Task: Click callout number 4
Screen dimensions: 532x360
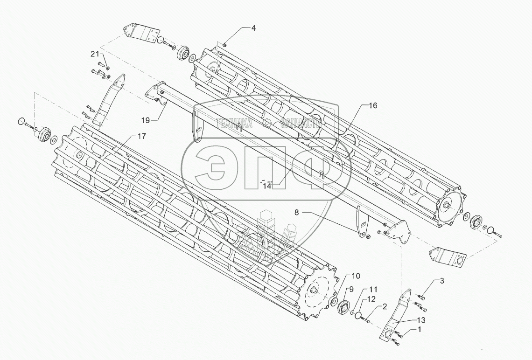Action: coord(253,28)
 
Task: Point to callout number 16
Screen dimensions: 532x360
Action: coord(372,106)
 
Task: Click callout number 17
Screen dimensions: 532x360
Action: coord(141,136)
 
